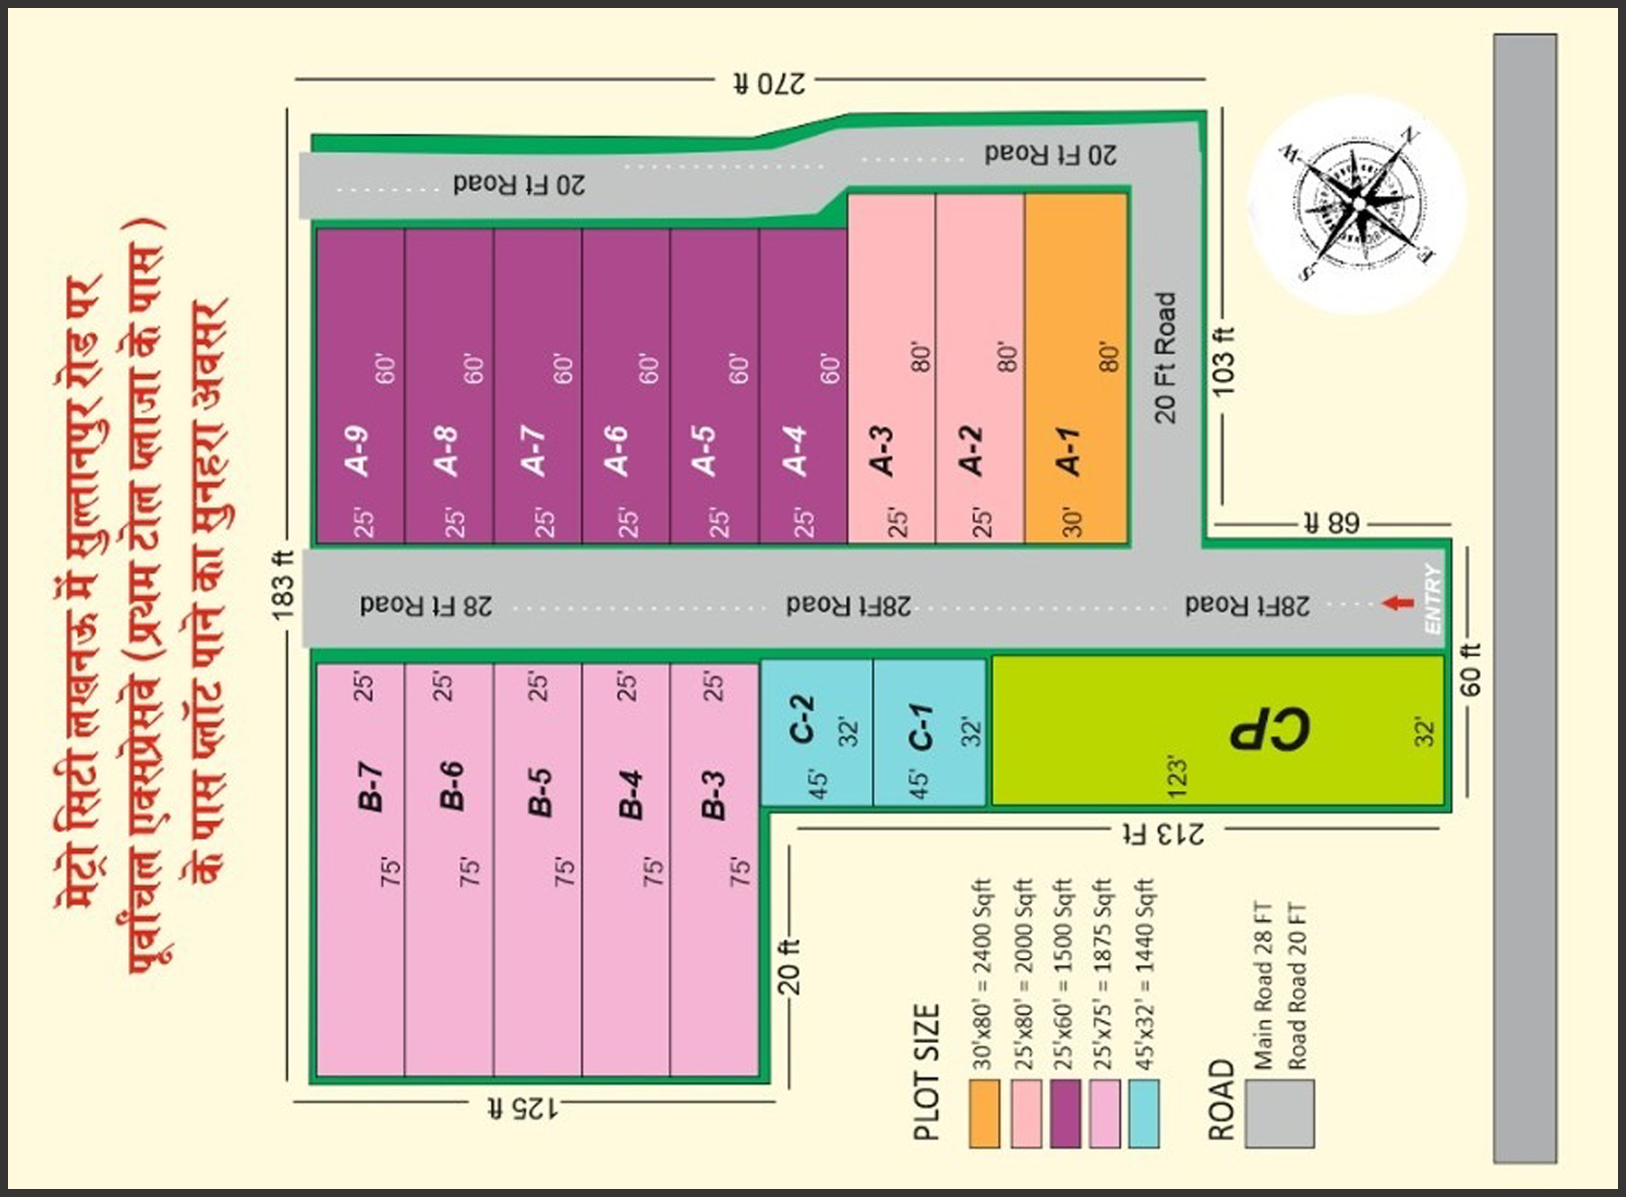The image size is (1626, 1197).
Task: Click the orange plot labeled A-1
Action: (x=1076, y=368)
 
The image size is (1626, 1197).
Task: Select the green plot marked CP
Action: (x=1217, y=730)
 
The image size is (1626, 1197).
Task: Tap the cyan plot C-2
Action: (x=817, y=732)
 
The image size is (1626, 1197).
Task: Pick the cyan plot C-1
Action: (x=930, y=732)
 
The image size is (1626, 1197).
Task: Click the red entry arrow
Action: (x=1397, y=603)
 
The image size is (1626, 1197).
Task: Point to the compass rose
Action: (x=1357, y=205)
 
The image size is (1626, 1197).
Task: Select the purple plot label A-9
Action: (x=359, y=451)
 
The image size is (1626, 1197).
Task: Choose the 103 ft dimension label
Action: (x=1223, y=361)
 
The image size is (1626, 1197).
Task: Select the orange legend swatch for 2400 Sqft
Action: (x=984, y=1114)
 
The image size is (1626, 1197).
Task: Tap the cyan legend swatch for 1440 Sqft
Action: (x=1144, y=1114)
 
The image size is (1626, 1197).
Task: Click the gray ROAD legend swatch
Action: (x=1280, y=1114)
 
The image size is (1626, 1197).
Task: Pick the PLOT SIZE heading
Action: (x=926, y=1072)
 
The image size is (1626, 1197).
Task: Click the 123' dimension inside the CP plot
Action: (x=1177, y=777)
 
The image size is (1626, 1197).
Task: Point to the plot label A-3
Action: (x=883, y=451)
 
